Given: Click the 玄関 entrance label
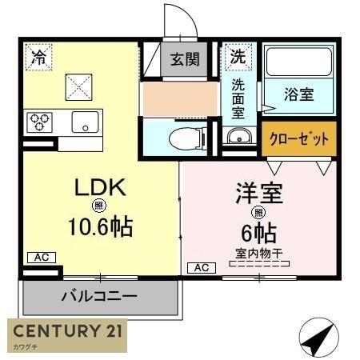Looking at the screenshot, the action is (x=185, y=59).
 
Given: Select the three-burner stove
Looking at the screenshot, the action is (x=39, y=122).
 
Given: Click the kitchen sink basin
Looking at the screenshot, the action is (x=85, y=122).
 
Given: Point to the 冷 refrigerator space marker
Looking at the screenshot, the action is (x=38, y=57).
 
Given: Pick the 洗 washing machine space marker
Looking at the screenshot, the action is (x=238, y=57).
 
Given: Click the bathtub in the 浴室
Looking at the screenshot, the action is (x=298, y=62).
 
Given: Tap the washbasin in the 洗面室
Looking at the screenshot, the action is (x=239, y=136).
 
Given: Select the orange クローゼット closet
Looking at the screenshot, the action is (x=299, y=138).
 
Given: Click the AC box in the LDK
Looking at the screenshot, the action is (x=42, y=258).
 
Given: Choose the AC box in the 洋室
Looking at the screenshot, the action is (x=202, y=268).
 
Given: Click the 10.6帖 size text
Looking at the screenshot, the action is (x=101, y=227).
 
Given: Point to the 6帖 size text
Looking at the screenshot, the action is (x=258, y=233).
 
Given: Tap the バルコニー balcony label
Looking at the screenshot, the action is (x=99, y=296).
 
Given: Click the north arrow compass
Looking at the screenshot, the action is (x=318, y=337).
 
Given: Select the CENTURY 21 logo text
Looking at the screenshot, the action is (x=68, y=330).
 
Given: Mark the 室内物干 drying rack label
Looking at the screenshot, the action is (x=259, y=254).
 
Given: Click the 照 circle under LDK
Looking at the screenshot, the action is (x=99, y=206).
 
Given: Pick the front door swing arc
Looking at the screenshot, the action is (x=186, y=16).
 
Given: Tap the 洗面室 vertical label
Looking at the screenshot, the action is (x=238, y=99).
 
